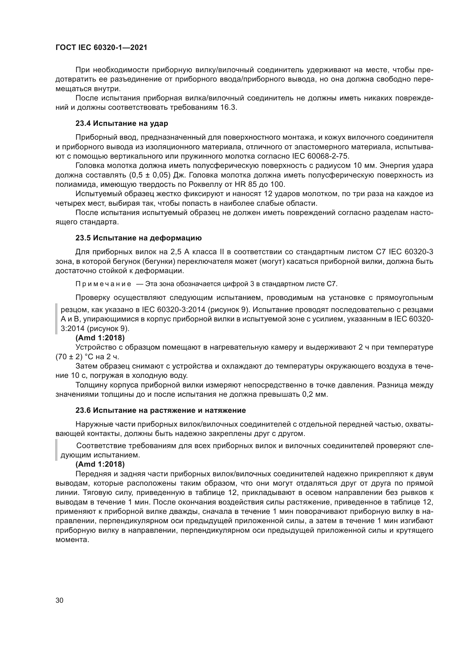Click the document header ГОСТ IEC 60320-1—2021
coord(101,48)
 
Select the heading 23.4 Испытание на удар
coord(122,124)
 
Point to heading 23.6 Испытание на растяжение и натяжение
coord(160,411)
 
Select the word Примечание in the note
coord(103,284)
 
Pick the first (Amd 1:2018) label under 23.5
coord(100,338)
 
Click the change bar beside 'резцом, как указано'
coord(56,319)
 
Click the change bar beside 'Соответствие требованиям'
coord(56,450)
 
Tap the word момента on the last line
coord(72,540)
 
